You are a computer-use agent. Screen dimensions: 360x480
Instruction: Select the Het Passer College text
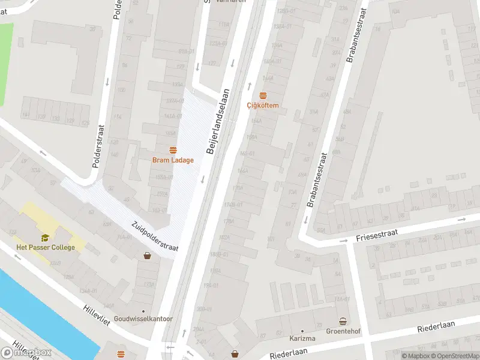pos(46,247)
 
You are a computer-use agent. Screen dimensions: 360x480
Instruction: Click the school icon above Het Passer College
pos(45,238)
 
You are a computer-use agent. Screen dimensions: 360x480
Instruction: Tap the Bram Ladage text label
pos(173,160)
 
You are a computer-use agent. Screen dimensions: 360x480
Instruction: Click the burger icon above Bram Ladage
pos(173,151)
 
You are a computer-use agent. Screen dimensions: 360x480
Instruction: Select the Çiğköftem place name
pos(263,105)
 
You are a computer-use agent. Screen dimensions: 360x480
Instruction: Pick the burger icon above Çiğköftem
pos(263,95)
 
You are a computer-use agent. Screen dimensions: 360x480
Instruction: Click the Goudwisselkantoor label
pos(143,319)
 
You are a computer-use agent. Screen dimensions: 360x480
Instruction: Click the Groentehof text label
pos(343,331)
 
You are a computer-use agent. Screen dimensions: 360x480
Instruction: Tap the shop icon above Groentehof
pos(343,321)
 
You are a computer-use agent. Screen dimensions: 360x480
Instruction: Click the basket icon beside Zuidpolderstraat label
pos(147,256)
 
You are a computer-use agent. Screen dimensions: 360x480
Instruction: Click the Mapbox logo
pos(26,353)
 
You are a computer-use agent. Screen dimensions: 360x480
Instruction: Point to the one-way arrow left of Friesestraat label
pos(344,241)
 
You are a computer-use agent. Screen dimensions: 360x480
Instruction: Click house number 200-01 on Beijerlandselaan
pos(204,308)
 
